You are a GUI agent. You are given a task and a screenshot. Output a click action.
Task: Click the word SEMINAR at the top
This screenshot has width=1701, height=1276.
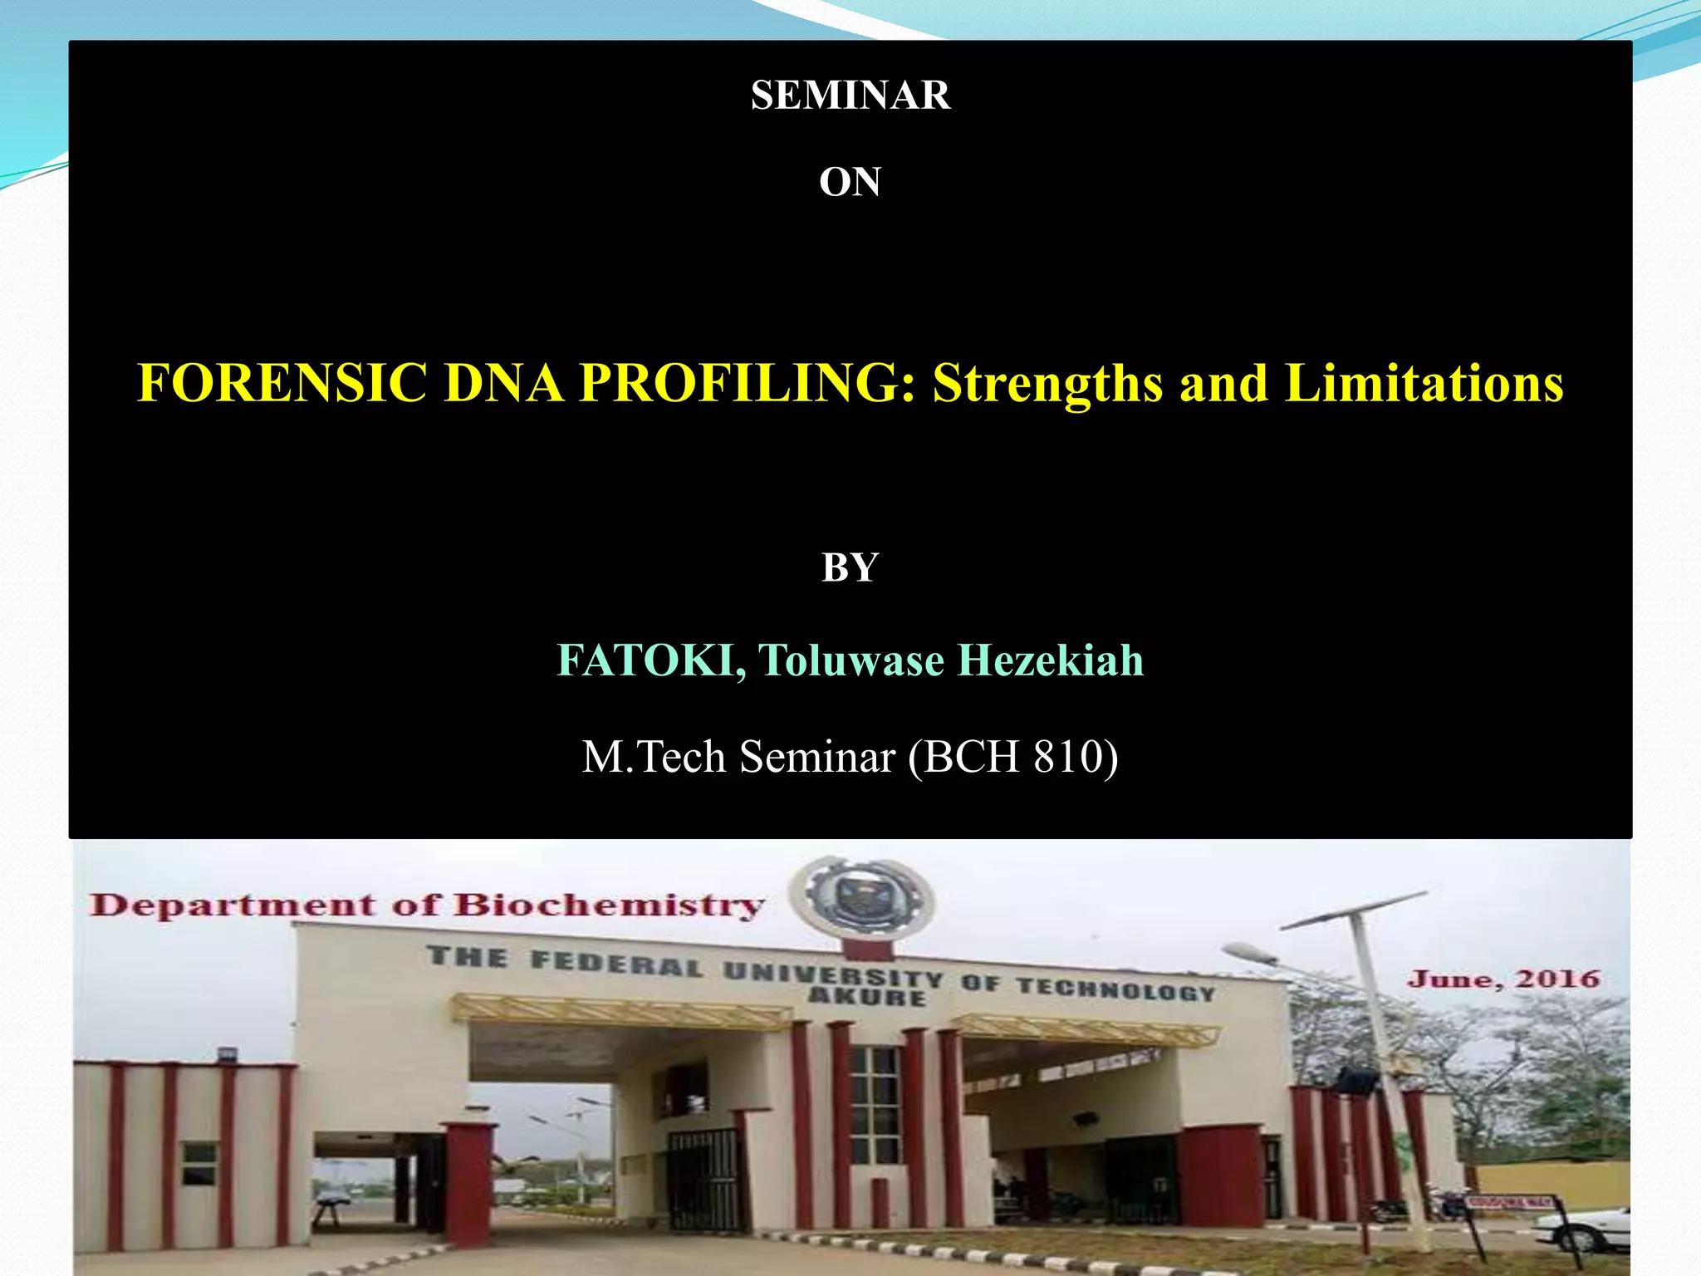click(x=850, y=96)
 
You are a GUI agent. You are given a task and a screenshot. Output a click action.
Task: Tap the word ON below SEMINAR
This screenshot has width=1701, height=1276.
click(x=850, y=182)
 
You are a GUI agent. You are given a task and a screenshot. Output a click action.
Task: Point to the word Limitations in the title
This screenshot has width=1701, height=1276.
click(x=1424, y=384)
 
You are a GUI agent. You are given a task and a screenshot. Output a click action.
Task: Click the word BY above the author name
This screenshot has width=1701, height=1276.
click(x=850, y=568)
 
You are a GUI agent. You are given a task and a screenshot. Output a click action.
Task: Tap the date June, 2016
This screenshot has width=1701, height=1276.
click(x=1503, y=979)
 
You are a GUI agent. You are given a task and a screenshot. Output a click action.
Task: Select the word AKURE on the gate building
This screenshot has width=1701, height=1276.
click(x=866, y=997)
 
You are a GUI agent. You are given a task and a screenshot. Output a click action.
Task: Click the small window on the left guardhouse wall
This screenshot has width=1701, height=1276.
click(x=199, y=1162)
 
